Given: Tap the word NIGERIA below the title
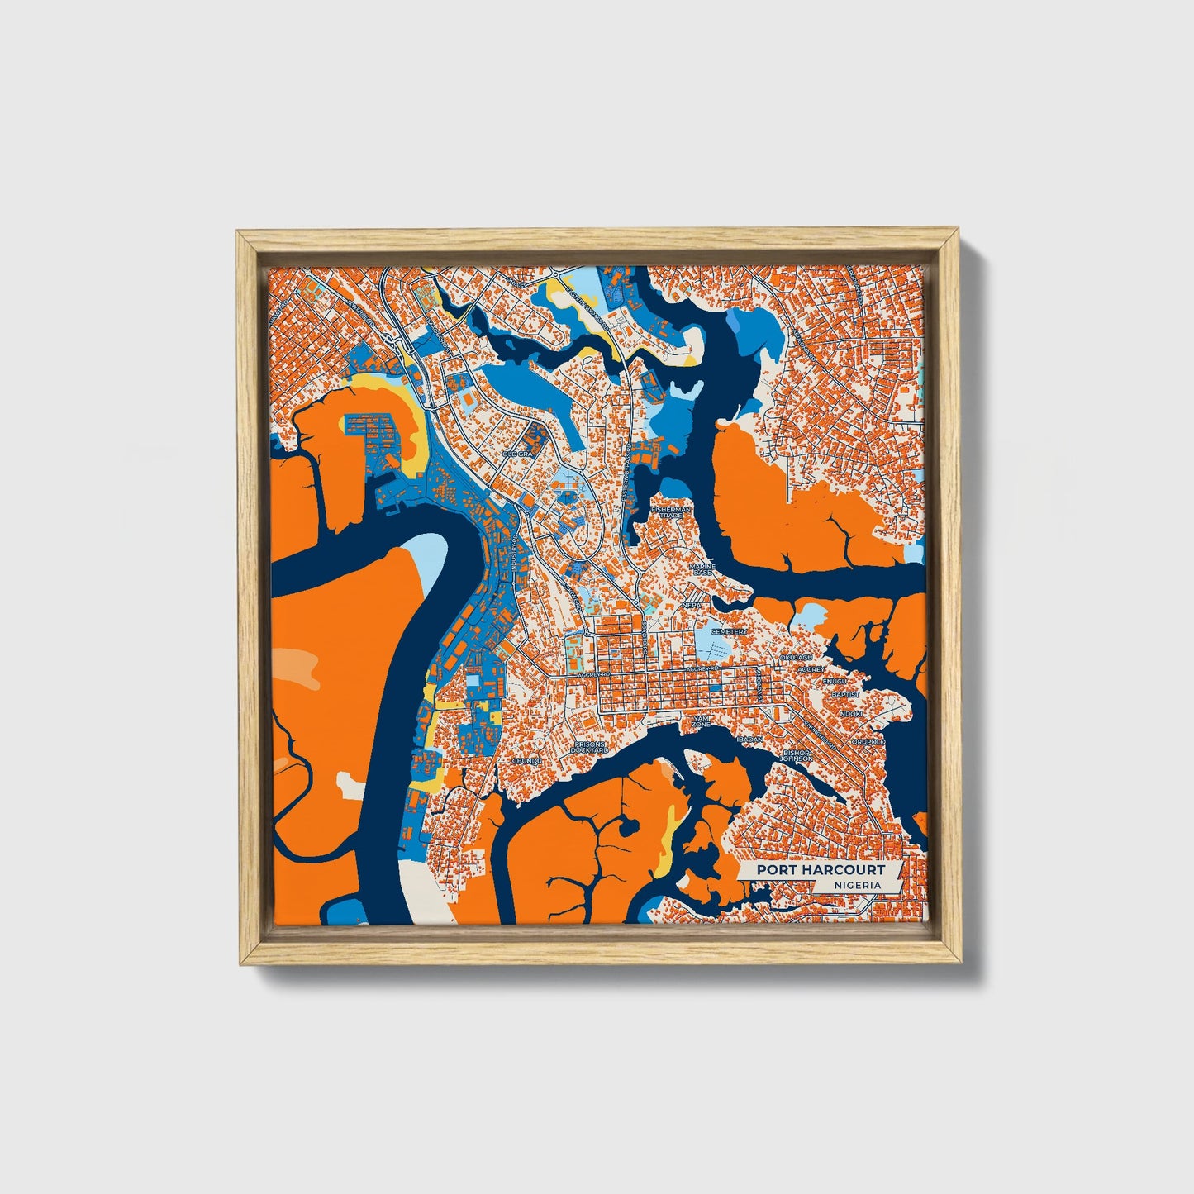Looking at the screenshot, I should pos(857,885).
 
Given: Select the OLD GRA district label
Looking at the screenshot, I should pos(520,454).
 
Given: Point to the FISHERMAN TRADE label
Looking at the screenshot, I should pos(670,514).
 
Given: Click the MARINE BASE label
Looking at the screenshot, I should pos(702,570).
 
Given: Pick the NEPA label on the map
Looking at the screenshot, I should pos(692,605).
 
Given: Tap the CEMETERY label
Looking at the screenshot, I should pos(730,631).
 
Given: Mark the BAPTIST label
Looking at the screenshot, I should pos(846,695).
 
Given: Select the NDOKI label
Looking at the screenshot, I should pos(851,713).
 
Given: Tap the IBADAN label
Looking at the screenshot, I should pos(750,740).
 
